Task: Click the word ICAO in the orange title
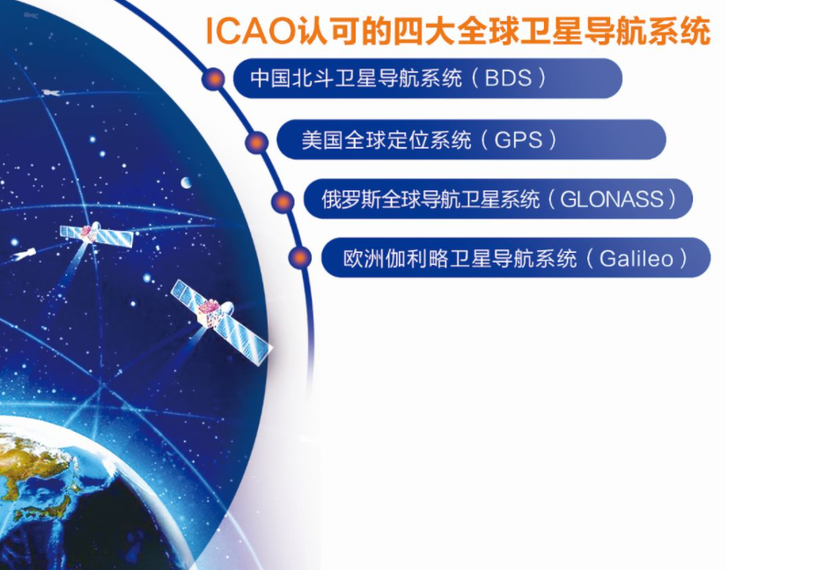[x=250, y=31]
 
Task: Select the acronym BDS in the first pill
[x=508, y=78]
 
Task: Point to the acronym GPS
[x=518, y=140]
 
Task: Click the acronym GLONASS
[x=611, y=200]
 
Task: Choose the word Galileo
[x=637, y=258]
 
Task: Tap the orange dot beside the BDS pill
[x=214, y=79]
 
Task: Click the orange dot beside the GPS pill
[x=257, y=142]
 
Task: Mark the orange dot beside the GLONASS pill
[x=283, y=201]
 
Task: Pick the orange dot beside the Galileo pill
[x=300, y=257]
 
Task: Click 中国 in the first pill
[x=271, y=78]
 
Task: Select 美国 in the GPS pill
[x=322, y=140]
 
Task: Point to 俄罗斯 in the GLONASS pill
[x=351, y=200]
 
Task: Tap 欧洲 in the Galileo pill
[x=364, y=258]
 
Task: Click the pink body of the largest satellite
[x=210, y=313]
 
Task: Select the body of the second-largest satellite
[x=89, y=233]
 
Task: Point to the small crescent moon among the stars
[x=187, y=182]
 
